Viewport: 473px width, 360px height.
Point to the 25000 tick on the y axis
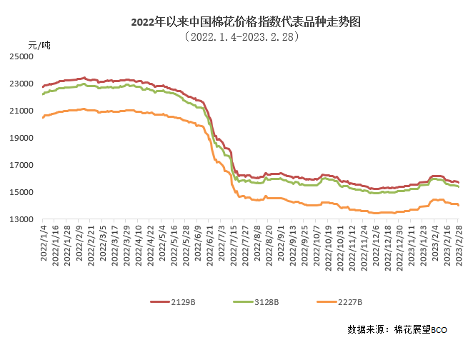click(x=23, y=56)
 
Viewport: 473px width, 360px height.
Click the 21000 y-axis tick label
click(x=23, y=111)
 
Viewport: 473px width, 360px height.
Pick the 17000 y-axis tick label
click(x=23, y=165)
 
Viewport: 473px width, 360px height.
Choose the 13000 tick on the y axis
click(x=23, y=219)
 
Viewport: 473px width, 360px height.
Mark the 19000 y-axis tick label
click(x=23, y=138)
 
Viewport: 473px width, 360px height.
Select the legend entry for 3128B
click(x=259, y=302)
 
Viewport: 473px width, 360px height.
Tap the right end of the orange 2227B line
click(x=458, y=205)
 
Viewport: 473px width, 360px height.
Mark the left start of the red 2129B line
click(x=43, y=86)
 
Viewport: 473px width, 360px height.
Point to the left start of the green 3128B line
click(x=43, y=94)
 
